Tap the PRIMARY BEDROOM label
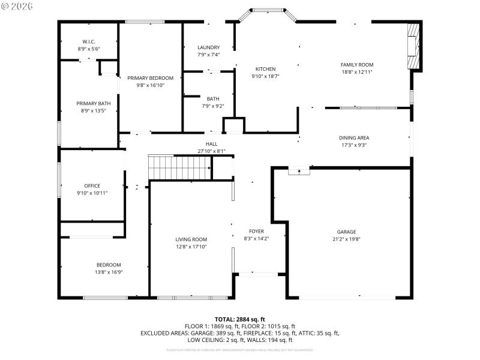150,78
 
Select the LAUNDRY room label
208,47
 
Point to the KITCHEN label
265,69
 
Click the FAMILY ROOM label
357,65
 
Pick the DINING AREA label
354,137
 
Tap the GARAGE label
346,232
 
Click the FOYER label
256,231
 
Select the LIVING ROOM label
191,239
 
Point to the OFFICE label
92,186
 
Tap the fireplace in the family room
414,47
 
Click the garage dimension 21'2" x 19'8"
346,239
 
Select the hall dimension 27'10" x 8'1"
212,151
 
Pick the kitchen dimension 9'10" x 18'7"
265,76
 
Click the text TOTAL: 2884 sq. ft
239,319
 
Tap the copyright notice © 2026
18,6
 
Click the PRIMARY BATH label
93,103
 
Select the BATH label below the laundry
213,99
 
